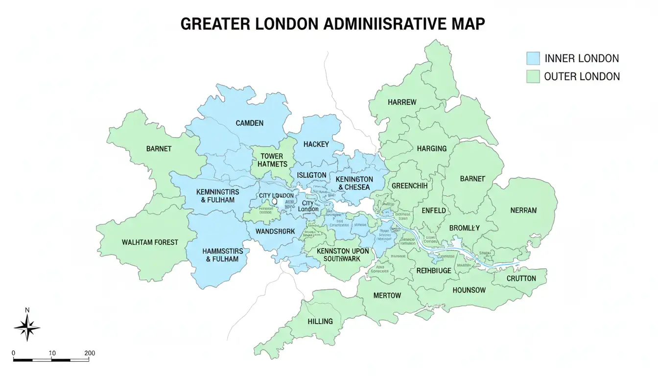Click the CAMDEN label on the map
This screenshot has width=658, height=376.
pyautogui.click(x=249, y=123)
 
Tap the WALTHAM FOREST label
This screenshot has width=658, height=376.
pyautogui.click(x=150, y=242)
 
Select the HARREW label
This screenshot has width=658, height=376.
pyautogui.click(x=402, y=102)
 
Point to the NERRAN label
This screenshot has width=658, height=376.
pyautogui.click(x=523, y=211)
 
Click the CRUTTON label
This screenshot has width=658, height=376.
pyautogui.click(x=521, y=278)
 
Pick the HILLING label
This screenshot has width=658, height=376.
pyautogui.click(x=320, y=321)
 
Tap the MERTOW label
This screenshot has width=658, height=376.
pyautogui.click(x=387, y=295)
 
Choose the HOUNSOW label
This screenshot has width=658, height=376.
pyautogui.click(x=469, y=290)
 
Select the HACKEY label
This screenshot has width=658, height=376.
pyautogui.click(x=316, y=144)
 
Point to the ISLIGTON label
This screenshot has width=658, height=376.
pyautogui.click(x=311, y=175)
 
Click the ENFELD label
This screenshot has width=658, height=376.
pyautogui.click(x=433, y=211)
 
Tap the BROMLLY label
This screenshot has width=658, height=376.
pyautogui.click(x=464, y=228)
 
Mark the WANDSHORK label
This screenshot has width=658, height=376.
pyautogui.click(x=275, y=231)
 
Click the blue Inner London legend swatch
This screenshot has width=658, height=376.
pyautogui.click(x=533, y=59)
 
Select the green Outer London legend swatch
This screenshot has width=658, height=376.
pyautogui.click(x=533, y=76)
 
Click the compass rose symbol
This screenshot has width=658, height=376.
pyautogui.click(x=27, y=327)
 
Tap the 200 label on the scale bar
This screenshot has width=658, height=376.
pyautogui.click(x=89, y=352)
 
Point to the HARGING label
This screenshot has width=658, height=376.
pyautogui.click(x=432, y=148)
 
